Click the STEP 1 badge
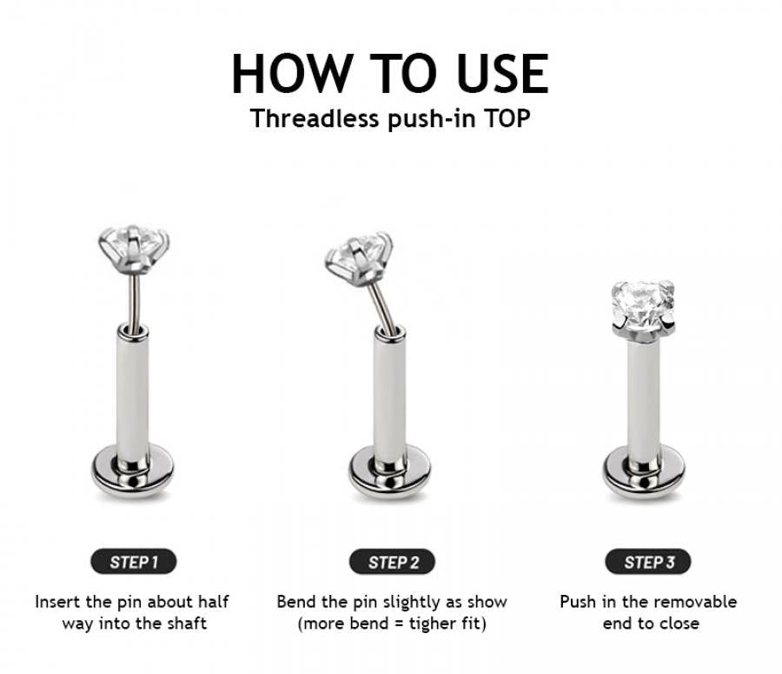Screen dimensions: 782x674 [x=134, y=562]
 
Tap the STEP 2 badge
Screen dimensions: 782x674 [x=393, y=562]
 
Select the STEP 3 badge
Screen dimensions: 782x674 [x=648, y=562]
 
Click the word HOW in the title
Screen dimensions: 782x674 [x=294, y=73]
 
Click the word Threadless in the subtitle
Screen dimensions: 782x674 [x=315, y=119]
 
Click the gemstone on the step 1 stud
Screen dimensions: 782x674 [x=134, y=249]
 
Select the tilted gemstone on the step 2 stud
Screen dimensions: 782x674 [x=359, y=258]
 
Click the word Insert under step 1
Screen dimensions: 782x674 [x=56, y=602]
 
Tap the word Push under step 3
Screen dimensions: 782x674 [x=578, y=602]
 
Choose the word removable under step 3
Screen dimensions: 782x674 [x=697, y=602]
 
